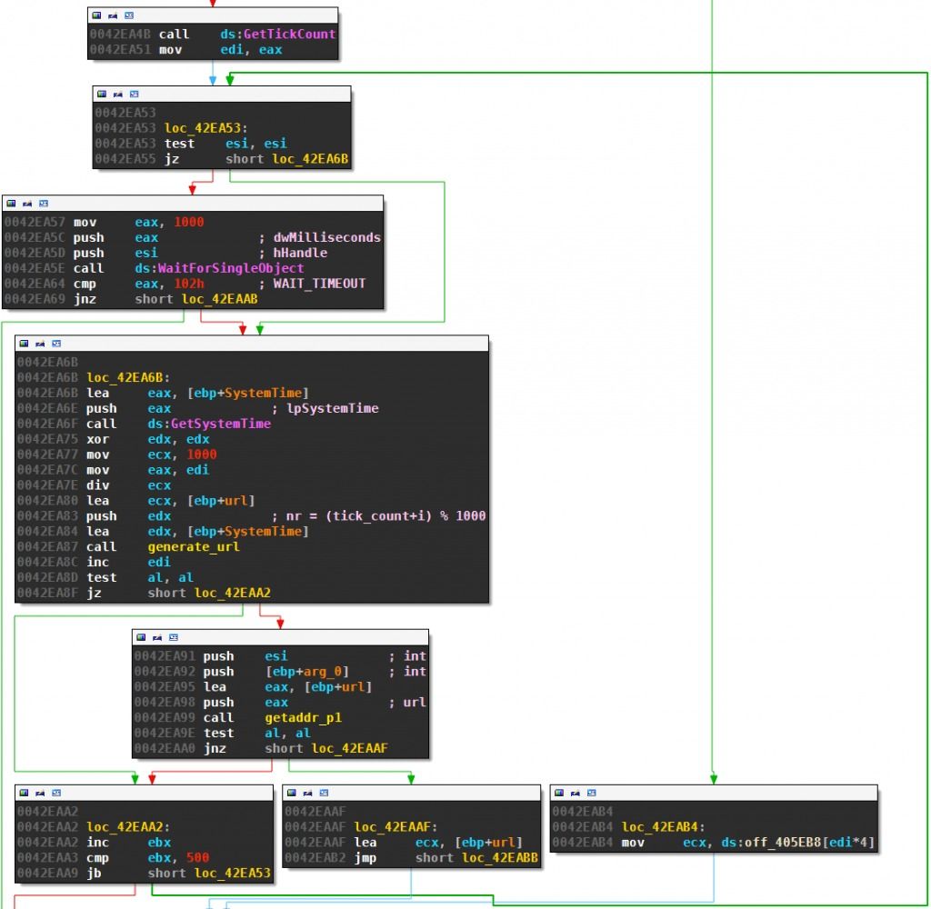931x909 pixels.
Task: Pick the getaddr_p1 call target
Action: (291, 717)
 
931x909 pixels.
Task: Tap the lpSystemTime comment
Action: (332, 408)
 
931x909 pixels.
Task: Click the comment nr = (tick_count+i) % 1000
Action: (386, 515)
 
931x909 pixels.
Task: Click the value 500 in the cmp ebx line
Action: (198, 858)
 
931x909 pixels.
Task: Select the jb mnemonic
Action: (95, 874)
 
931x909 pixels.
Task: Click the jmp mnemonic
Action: (365, 858)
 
